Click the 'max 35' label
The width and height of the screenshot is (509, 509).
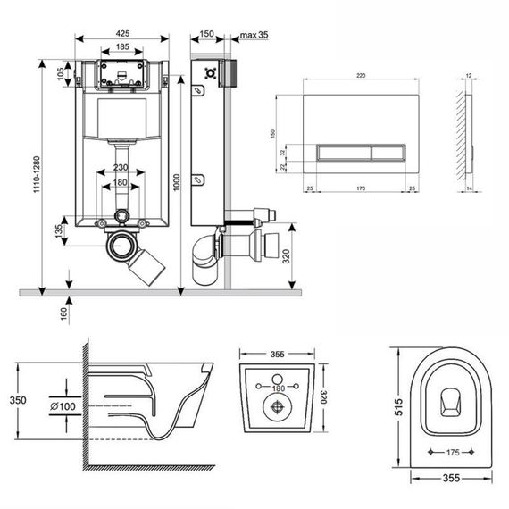click(252, 36)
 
